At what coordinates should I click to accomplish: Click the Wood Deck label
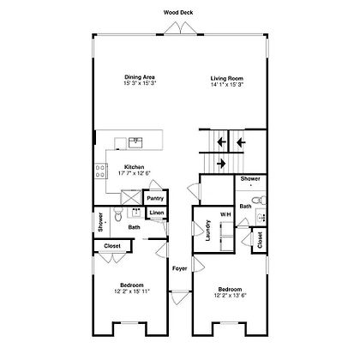tap(178, 13)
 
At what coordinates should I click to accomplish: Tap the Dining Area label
tap(140, 77)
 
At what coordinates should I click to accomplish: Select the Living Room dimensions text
tap(227, 84)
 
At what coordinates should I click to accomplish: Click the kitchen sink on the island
tap(135, 142)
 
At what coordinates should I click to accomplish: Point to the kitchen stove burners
tap(100, 171)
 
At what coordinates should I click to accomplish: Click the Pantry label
tap(155, 198)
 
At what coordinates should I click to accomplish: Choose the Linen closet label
tap(157, 213)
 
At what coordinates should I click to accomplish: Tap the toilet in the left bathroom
tap(117, 214)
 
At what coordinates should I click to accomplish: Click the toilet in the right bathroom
tap(260, 200)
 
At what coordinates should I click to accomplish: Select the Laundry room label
tap(208, 231)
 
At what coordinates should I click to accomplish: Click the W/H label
tap(225, 214)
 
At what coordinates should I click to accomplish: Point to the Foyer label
tap(180, 268)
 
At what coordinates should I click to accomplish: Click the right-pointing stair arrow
tap(221, 164)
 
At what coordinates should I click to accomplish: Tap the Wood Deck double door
tap(180, 28)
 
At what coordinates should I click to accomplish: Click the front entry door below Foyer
tap(180, 297)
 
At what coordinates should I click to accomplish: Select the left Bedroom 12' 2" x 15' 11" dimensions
tap(132, 291)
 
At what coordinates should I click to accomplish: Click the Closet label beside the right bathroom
tap(260, 240)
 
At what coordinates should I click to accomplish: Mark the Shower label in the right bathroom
tap(250, 179)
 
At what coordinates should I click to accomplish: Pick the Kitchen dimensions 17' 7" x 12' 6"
tap(134, 173)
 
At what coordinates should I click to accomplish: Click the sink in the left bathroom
tap(137, 213)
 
